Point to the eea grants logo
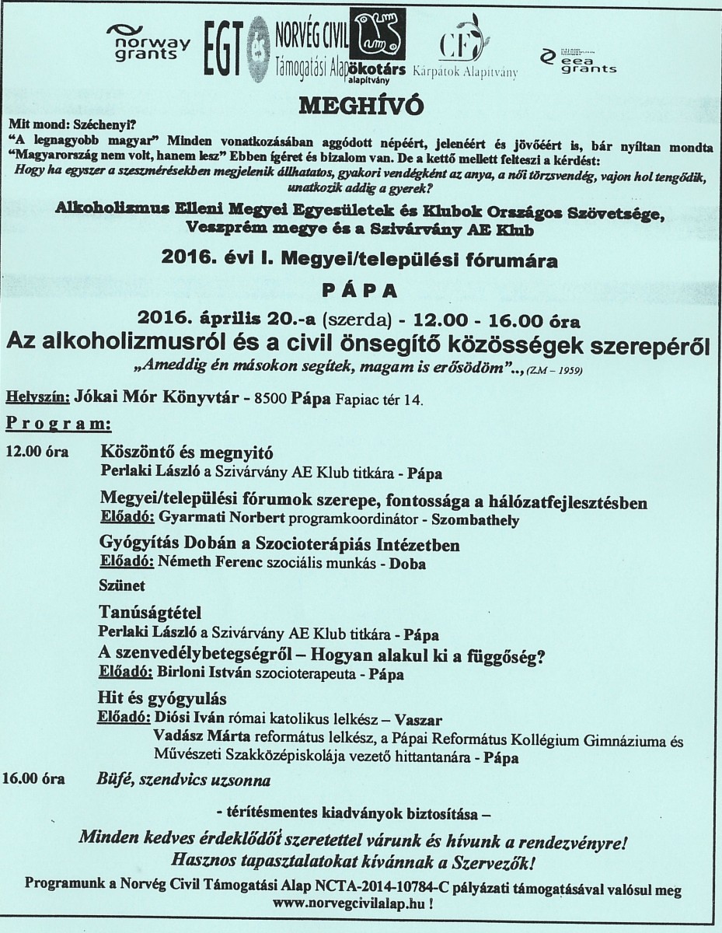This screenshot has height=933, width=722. click(x=578, y=60)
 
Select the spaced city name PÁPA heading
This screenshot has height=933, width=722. click(x=361, y=291)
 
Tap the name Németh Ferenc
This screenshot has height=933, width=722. click(x=192, y=561)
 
